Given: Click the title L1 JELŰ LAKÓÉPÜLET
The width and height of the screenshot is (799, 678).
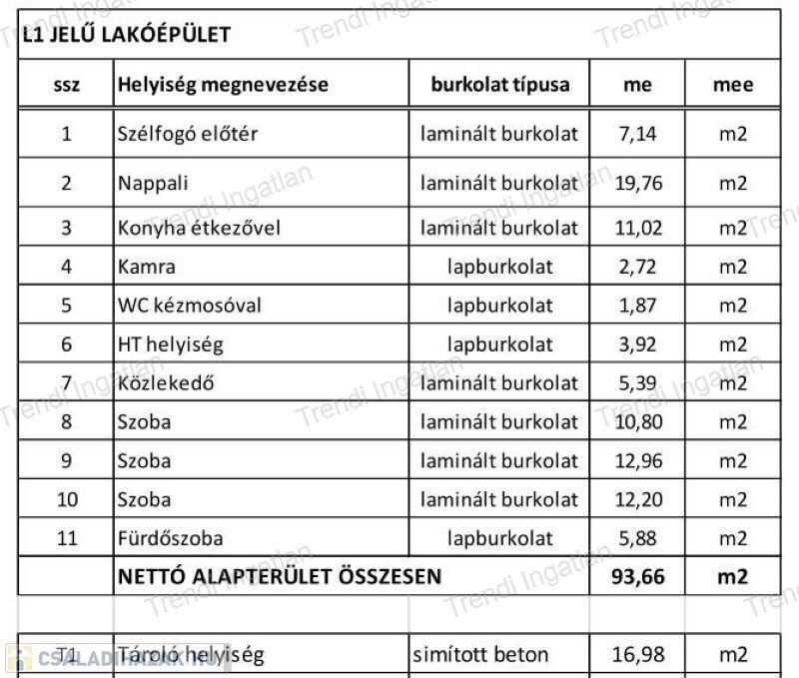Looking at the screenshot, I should [126, 35].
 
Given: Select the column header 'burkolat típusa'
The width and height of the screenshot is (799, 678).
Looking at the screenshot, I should [499, 84].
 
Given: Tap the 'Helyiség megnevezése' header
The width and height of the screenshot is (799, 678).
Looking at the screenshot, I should [223, 84].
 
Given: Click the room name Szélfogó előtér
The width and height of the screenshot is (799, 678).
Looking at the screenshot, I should [187, 133].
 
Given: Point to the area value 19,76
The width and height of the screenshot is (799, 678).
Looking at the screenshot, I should [638, 183].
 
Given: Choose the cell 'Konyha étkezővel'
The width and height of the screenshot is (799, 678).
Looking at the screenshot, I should [199, 228].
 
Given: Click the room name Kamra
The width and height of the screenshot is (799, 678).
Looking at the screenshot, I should [147, 267].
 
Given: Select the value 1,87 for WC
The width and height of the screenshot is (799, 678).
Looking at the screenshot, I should [638, 306].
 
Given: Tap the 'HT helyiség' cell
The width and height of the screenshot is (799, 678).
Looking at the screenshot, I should [170, 344].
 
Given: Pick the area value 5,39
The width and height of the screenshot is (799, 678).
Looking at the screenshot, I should [638, 383].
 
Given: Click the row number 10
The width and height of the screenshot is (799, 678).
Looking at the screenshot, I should [66, 499].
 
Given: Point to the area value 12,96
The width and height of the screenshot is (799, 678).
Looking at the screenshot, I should [638, 460].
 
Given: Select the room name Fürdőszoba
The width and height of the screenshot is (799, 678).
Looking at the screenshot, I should [170, 538].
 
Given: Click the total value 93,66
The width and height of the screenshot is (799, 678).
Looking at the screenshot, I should [638, 576].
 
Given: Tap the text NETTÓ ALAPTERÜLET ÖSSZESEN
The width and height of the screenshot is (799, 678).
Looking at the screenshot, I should [280, 576].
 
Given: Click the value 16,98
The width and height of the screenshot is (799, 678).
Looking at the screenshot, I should [638, 655].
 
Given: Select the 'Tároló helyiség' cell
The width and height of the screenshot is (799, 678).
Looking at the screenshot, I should [191, 655].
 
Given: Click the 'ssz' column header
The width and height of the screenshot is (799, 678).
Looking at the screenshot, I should [66, 85].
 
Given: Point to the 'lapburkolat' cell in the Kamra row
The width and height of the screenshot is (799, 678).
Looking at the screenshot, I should [499, 267].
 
